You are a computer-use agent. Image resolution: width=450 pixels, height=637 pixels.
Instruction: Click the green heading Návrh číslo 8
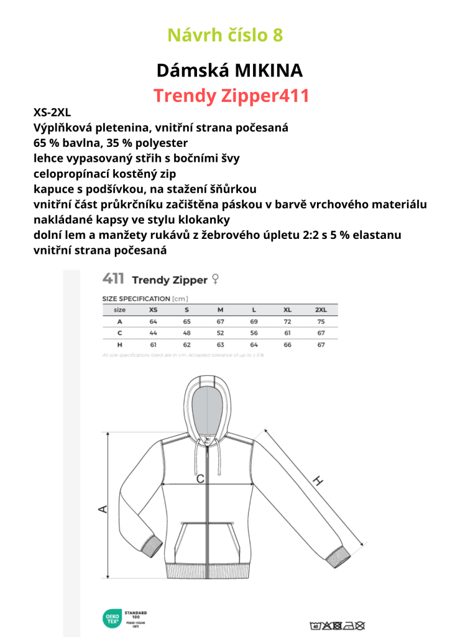pos(225,35)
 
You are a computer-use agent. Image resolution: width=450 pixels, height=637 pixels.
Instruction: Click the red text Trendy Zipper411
pos(231,96)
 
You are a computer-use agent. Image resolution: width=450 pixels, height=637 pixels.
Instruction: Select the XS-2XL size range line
pos(52,113)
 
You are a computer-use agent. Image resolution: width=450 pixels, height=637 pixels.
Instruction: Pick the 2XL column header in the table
pos(321,309)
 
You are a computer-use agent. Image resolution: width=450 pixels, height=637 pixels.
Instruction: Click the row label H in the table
pos(120,344)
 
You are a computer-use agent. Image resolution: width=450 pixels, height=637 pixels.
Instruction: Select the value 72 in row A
pos(287,321)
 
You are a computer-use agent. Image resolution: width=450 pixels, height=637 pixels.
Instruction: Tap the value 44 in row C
pos(153,333)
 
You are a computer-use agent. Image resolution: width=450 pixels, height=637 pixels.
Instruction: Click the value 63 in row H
pos(220,344)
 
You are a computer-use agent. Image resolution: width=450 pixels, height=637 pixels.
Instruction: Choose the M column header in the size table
pos(220,309)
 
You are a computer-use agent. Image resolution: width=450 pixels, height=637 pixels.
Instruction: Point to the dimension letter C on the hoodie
pos(200,479)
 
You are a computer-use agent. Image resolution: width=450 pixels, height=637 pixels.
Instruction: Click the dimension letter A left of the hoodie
pos(104,509)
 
